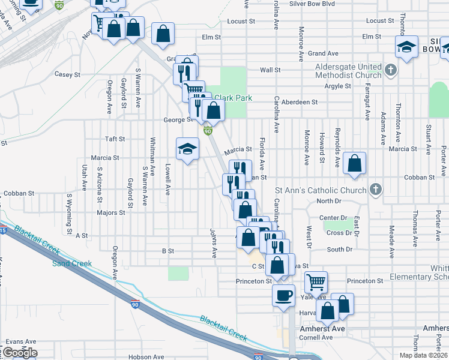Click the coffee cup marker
[283, 295]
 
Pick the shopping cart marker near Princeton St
[316, 281]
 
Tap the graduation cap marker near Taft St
[187, 149]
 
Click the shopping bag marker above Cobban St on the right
[355, 164]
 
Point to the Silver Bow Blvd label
[312, 4]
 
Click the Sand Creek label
[72, 263]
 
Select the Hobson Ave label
[145, 356]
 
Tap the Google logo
[19, 353]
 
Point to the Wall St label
[270, 70]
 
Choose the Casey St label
[67, 75]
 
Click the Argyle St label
[337, 86]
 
